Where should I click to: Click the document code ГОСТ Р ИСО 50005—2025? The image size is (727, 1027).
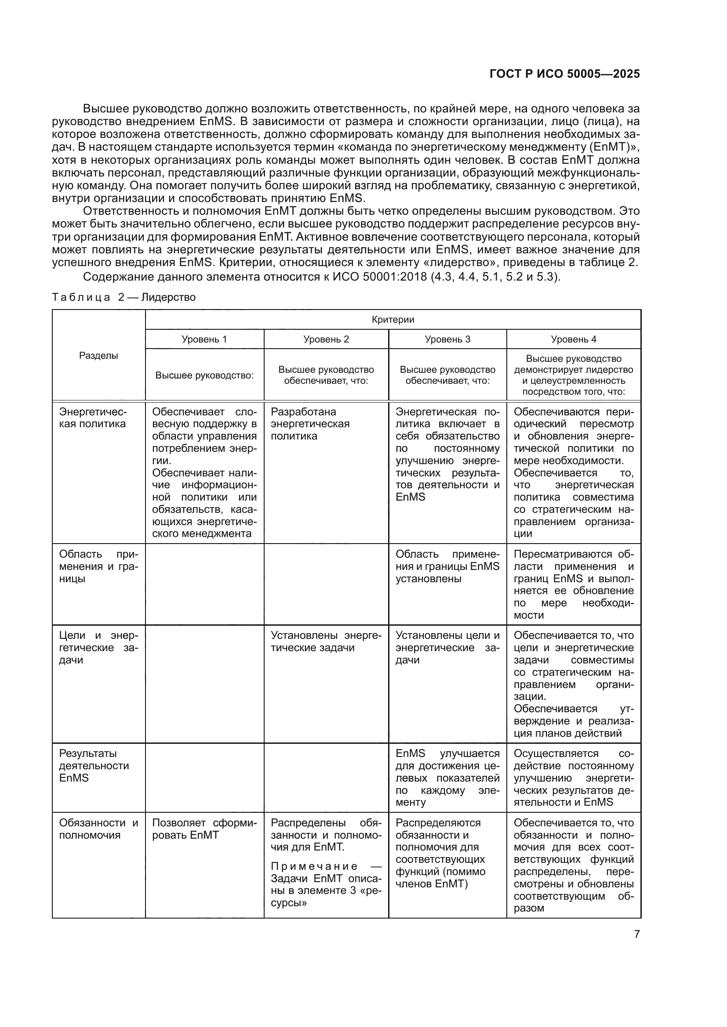pos(564,74)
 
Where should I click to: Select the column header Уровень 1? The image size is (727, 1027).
pos(204,339)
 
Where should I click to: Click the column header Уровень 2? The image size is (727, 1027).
pos(326,339)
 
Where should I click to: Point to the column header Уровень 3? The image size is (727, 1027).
pos(447,339)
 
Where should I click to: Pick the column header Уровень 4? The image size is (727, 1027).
pos(574,339)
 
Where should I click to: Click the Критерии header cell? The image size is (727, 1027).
pos(393,319)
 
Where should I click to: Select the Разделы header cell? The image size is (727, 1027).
pos(98,356)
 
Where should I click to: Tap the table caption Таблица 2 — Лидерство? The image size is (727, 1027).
pos(124,297)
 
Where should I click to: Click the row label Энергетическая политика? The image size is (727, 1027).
pos(93,418)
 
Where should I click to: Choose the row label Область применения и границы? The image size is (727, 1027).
pos(98,566)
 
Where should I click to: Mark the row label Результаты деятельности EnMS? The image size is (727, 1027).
pos(94,765)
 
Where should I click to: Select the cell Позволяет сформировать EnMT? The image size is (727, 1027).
pos(204,829)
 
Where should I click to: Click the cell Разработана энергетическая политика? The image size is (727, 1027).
pos(310,424)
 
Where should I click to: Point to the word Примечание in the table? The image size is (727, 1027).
pos(314,866)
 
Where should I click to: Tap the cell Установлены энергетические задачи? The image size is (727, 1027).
pos(326,641)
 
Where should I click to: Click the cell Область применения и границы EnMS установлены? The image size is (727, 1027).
pos(447,566)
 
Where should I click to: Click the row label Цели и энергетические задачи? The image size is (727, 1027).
pos(98,648)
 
